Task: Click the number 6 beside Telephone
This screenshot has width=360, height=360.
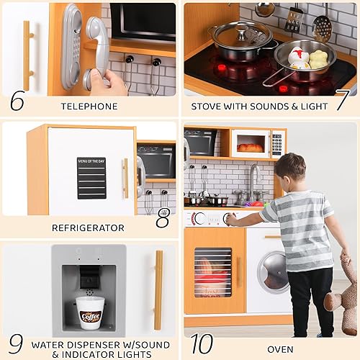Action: tap(17, 100)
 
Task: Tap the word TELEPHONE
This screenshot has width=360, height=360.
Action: tap(89, 107)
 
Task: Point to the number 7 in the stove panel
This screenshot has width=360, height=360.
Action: tap(341, 100)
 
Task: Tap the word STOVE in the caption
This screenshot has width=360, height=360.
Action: tap(208, 107)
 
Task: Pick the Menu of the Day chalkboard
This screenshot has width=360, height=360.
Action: tap(91, 178)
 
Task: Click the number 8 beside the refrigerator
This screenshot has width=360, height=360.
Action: tap(163, 219)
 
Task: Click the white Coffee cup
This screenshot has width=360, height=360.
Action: tap(89, 315)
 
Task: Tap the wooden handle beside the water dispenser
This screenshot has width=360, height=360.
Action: tap(158, 289)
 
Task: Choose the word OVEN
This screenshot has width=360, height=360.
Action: tap(280, 349)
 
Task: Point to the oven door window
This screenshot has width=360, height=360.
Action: tap(213, 272)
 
